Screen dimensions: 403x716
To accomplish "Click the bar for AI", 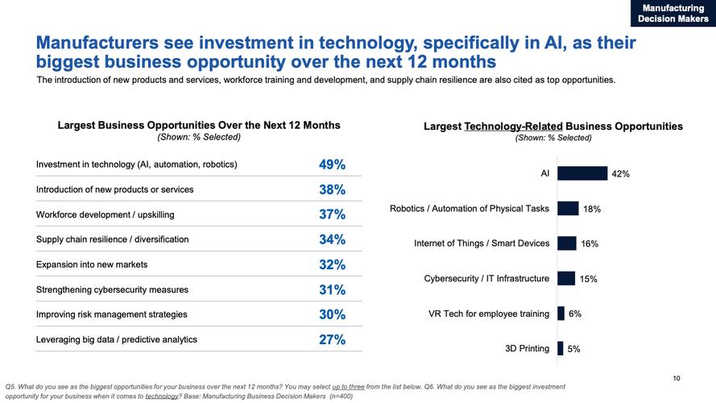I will coord(581,173).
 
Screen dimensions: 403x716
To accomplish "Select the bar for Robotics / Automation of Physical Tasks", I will coord(567,209).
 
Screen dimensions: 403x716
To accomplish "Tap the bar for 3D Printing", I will coord(560,349).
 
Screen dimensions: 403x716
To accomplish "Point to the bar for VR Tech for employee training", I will coord(561,314).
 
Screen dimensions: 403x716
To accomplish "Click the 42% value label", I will coord(620,174).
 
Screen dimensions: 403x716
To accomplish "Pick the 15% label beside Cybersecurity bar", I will coord(588,279).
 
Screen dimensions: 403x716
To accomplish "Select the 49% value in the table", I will coord(332,165).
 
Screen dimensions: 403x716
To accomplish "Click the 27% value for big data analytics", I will coord(332,340).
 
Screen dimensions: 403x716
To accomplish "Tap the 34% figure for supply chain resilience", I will coord(332,240).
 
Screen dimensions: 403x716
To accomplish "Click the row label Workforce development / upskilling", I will coord(105,215).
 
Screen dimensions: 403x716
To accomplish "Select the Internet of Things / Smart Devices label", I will coord(481,243).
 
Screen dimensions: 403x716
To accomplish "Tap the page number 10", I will coord(676,378).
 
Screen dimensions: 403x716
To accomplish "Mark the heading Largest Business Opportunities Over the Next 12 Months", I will coord(199,125).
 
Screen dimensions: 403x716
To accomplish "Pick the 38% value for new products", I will coord(332,190).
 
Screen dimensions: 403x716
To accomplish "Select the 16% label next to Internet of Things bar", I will coord(590,244).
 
